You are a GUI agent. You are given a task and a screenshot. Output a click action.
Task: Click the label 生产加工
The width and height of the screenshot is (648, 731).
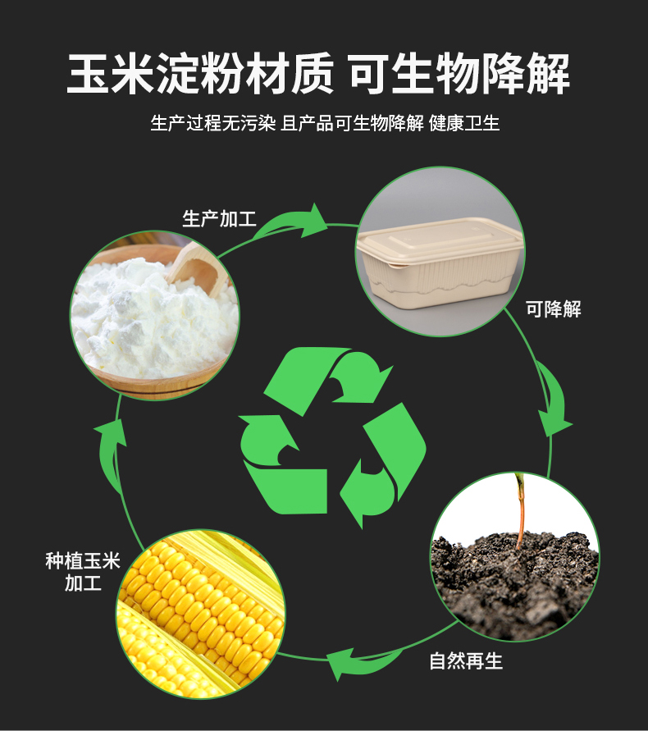point(219,219)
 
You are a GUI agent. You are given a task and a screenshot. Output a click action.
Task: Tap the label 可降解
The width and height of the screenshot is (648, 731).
point(554,309)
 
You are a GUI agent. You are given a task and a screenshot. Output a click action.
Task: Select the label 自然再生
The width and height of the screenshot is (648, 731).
point(466,661)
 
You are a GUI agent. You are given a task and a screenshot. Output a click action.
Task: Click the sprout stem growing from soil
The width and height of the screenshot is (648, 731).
point(520,509)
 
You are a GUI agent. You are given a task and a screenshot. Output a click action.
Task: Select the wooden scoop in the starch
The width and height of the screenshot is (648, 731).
point(197,267)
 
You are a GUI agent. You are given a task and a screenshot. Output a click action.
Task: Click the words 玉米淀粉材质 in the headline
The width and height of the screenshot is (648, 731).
point(200,75)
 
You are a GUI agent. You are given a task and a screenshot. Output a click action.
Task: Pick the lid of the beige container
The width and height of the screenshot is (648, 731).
point(441,238)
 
